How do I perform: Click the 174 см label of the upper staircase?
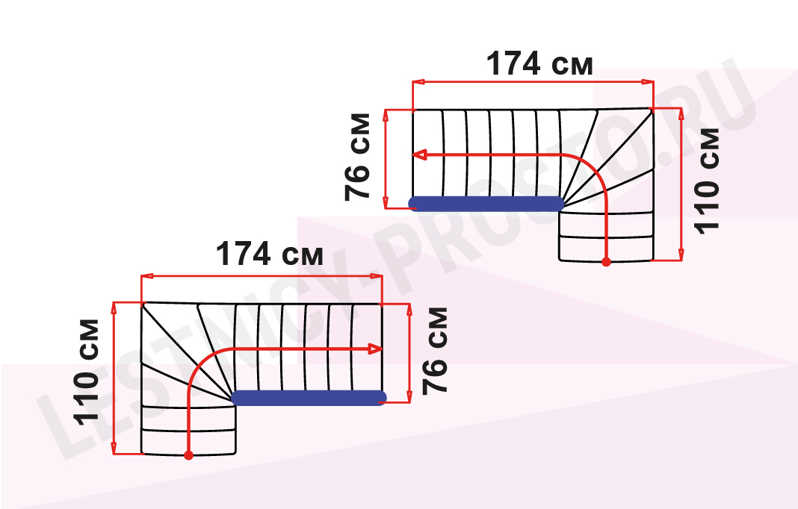tap(539, 64)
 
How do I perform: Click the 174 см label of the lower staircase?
tap(270, 254)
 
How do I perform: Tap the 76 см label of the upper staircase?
tap(358, 157)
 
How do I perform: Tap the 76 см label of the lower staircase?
tap(435, 351)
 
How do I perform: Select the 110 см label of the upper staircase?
tap(707, 181)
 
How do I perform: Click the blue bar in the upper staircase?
tap(486, 204)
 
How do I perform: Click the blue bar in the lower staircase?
tap(309, 398)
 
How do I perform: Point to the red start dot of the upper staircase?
tap(606, 262)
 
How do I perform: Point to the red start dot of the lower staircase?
tap(189, 455)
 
